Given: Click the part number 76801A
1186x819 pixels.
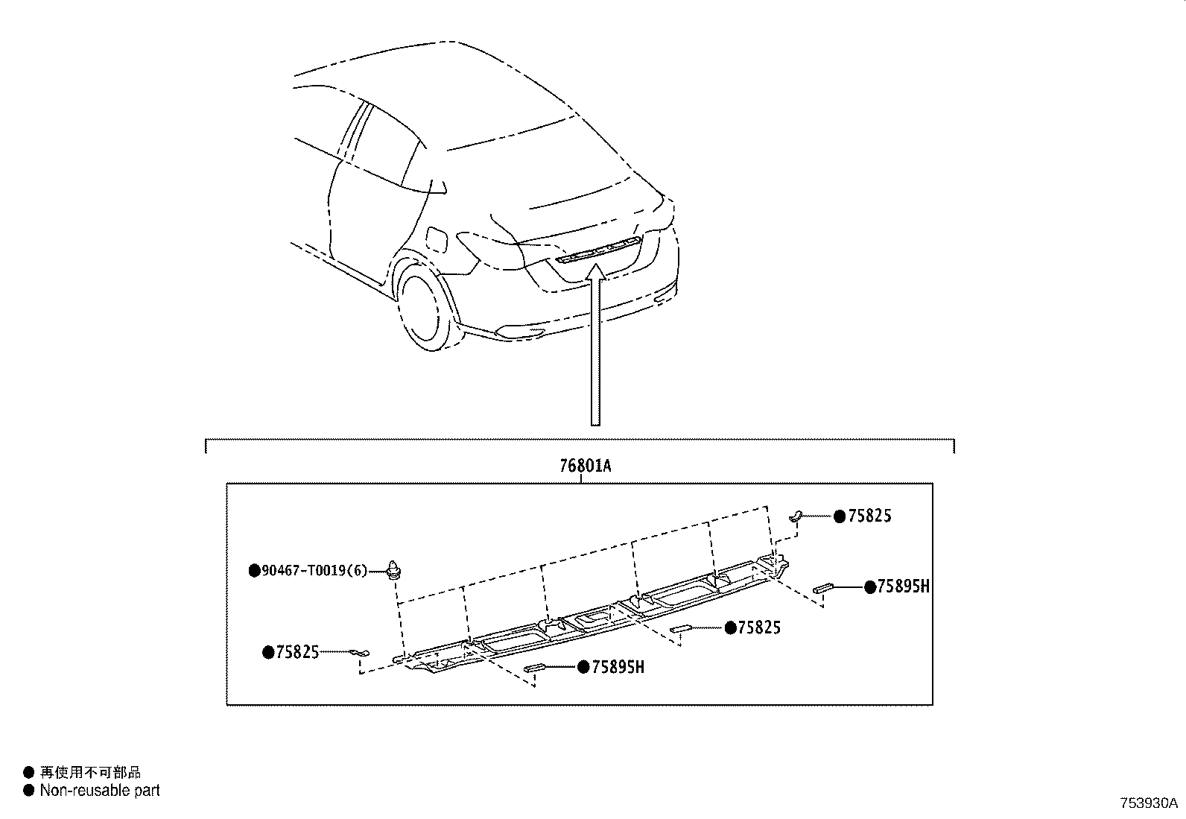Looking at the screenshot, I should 586,467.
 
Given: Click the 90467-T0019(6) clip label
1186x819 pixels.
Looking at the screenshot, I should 314,571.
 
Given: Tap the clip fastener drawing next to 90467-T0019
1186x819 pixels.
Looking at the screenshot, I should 395,568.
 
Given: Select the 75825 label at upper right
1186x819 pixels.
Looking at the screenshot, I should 869,516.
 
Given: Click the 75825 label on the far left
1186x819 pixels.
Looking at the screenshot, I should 297,653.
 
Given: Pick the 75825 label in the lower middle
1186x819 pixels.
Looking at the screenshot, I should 758,628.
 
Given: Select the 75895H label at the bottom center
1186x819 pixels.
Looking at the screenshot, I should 618,667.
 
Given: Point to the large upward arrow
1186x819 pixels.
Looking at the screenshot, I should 594,350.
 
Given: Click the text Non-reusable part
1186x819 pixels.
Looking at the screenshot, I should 100,791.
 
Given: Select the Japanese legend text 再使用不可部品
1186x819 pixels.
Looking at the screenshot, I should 90,773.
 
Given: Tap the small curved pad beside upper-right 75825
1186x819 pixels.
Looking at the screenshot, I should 795,513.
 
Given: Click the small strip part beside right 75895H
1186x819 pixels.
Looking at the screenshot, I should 822,587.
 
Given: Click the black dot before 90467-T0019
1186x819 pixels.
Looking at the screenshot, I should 254,571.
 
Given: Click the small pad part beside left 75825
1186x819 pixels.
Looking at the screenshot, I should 357,654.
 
